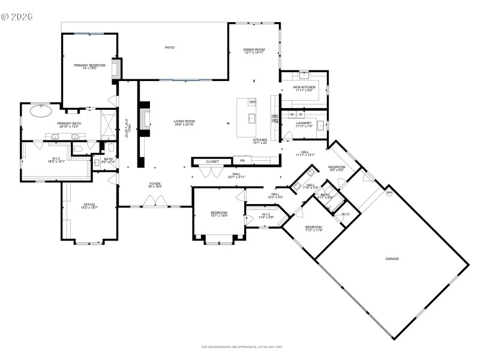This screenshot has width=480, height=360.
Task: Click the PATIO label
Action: click(x=170, y=47)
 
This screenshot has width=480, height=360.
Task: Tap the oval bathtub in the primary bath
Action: click(x=40, y=111)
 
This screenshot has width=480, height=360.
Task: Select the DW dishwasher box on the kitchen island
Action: click(x=253, y=102)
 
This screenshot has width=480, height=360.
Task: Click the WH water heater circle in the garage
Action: click(x=389, y=193)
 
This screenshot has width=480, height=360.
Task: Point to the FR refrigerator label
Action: click(x=242, y=161)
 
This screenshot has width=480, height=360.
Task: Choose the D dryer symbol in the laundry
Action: click(x=301, y=114)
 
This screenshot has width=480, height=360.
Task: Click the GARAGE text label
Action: click(x=392, y=259)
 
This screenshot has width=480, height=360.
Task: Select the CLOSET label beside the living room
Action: click(x=212, y=161)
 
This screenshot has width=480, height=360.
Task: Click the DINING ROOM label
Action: click(x=254, y=49)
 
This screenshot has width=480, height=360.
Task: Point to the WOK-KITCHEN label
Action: click(x=304, y=87)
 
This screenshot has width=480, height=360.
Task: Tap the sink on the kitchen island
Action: click(x=252, y=118)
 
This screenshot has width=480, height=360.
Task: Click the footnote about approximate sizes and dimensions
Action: click(x=242, y=347)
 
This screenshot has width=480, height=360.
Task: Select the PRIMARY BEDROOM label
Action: click(x=89, y=65)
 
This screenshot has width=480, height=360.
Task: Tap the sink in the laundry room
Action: click(x=320, y=125)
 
